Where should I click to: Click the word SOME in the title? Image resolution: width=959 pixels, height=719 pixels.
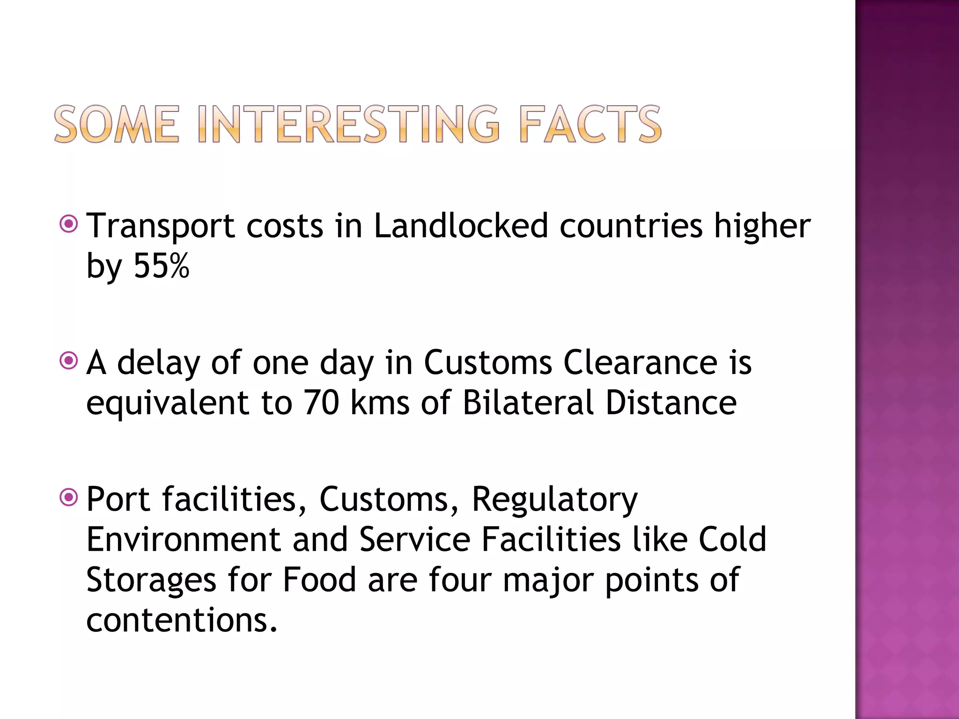[117, 124]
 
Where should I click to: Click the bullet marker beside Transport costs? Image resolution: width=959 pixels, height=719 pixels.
[69, 224]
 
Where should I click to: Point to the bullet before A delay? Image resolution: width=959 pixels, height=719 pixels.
[69, 361]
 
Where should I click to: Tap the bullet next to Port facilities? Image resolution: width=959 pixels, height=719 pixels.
[69, 498]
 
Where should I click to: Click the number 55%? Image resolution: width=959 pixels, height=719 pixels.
[162, 266]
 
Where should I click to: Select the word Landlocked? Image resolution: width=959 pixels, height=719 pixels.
[461, 226]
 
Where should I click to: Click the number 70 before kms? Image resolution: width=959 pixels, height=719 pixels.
[321, 403]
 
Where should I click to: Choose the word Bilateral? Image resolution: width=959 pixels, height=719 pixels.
[528, 403]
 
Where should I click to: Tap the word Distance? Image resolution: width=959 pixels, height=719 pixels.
[671, 403]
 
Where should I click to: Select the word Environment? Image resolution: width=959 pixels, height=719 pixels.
[184, 539]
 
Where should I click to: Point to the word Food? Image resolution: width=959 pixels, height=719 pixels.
[319, 580]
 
